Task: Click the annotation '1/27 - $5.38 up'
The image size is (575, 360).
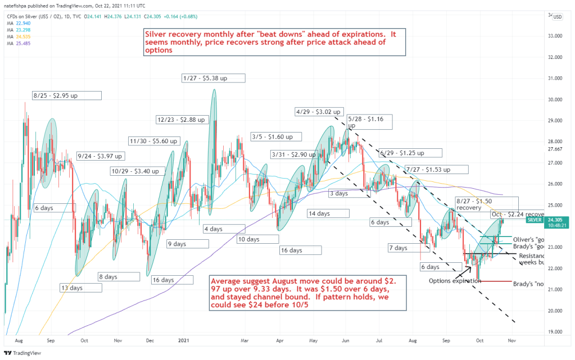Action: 205,78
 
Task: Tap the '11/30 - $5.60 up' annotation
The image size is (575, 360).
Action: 153,141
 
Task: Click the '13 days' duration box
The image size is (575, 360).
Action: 72,288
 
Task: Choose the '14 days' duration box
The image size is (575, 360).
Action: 319,213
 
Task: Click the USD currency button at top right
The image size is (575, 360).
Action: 558,16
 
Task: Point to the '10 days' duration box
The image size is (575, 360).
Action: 248,239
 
